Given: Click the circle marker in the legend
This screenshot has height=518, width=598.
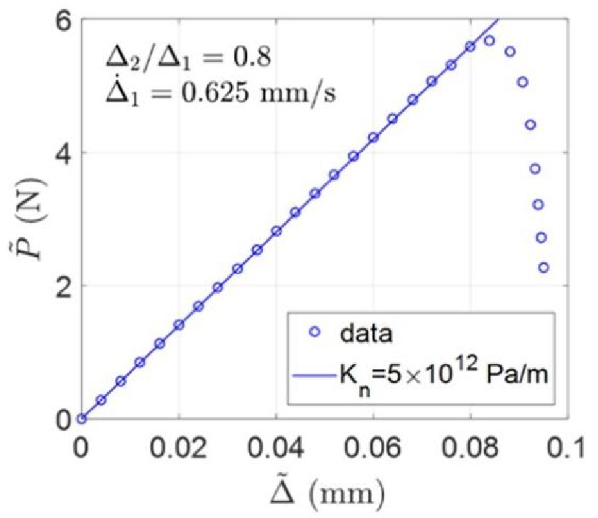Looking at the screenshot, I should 316,334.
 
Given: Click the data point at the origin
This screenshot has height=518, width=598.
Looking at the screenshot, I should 82,418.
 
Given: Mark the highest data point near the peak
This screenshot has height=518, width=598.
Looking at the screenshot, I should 489,41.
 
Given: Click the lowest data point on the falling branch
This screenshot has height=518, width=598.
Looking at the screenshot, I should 544,268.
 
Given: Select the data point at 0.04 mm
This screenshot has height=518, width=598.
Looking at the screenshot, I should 276,231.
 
